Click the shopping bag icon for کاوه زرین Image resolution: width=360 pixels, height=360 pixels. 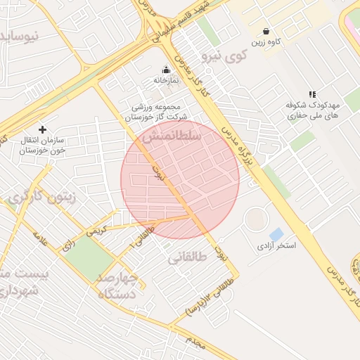coord(266,31)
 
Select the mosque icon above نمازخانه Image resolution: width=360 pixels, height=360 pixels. coord(167,70)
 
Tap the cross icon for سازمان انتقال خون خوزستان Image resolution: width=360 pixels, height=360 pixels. coord(43,129)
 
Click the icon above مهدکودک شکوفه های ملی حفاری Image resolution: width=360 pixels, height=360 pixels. coord(312,94)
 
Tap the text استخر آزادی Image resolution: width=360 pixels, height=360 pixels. coord(276,246)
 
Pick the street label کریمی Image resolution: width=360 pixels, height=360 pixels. coord(96,229)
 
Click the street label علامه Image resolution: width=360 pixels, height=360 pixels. coord(40,240)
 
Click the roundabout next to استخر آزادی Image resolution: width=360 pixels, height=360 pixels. coord(256,221)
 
